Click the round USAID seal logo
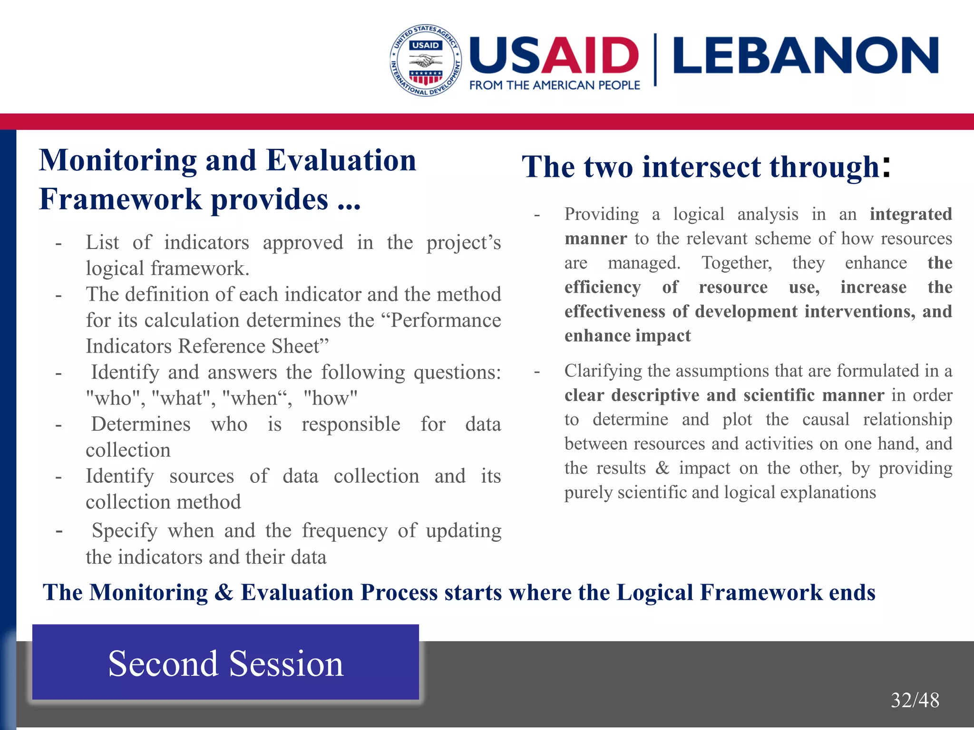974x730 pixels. [x=426, y=60]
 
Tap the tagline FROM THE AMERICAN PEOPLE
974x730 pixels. [x=555, y=86]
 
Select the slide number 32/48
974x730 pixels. [x=915, y=700]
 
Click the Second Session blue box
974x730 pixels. [x=225, y=663]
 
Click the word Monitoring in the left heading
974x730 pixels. [x=117, y=160]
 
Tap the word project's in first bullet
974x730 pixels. [x=463, y=243]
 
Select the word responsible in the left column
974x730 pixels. [x=351, y=424]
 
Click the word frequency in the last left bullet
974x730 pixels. [x=344, y=531]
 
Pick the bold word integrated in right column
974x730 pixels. [x=910, y=214]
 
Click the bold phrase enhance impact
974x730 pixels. [x=627, y=336]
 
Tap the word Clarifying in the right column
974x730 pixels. [x=603, y=371]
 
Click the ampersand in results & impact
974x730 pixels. [x=662, y=468]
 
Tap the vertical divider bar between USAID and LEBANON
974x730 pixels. [x=655, y=59]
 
